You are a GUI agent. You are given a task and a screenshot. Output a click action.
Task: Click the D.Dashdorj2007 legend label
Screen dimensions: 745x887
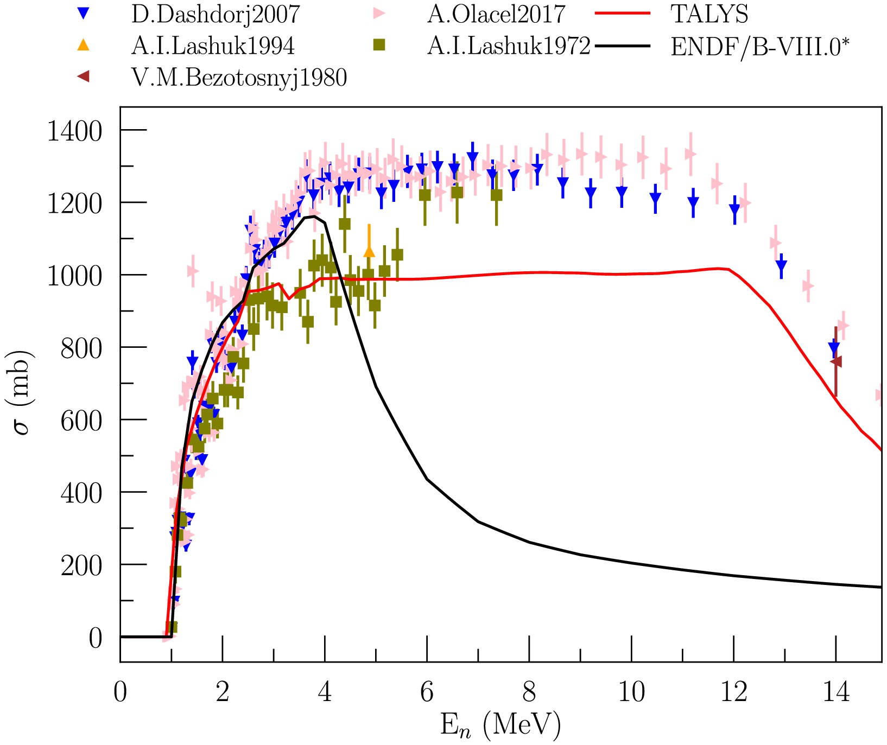coord(216,15)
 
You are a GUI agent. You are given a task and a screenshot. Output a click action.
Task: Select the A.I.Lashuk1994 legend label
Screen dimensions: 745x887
coord(213,46)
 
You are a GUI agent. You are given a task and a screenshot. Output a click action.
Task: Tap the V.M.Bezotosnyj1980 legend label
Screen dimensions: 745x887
coord(239,78)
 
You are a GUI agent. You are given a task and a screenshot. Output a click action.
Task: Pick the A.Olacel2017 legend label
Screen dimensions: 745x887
coord(496,15)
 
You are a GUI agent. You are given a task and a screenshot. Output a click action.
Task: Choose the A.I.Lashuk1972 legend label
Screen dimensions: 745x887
coord(509,46)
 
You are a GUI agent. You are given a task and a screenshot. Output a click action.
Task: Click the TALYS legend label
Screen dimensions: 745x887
coord(710,15)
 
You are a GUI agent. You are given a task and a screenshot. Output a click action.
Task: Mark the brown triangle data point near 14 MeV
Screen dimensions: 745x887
coord(836,361)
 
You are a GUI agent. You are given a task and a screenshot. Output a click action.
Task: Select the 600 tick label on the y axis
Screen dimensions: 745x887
coord(81,421)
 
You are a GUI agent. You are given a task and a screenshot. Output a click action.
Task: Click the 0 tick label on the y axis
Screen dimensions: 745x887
coord(96,638)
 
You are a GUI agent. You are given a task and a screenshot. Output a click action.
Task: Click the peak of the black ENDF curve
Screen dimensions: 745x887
coord(314,217)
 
